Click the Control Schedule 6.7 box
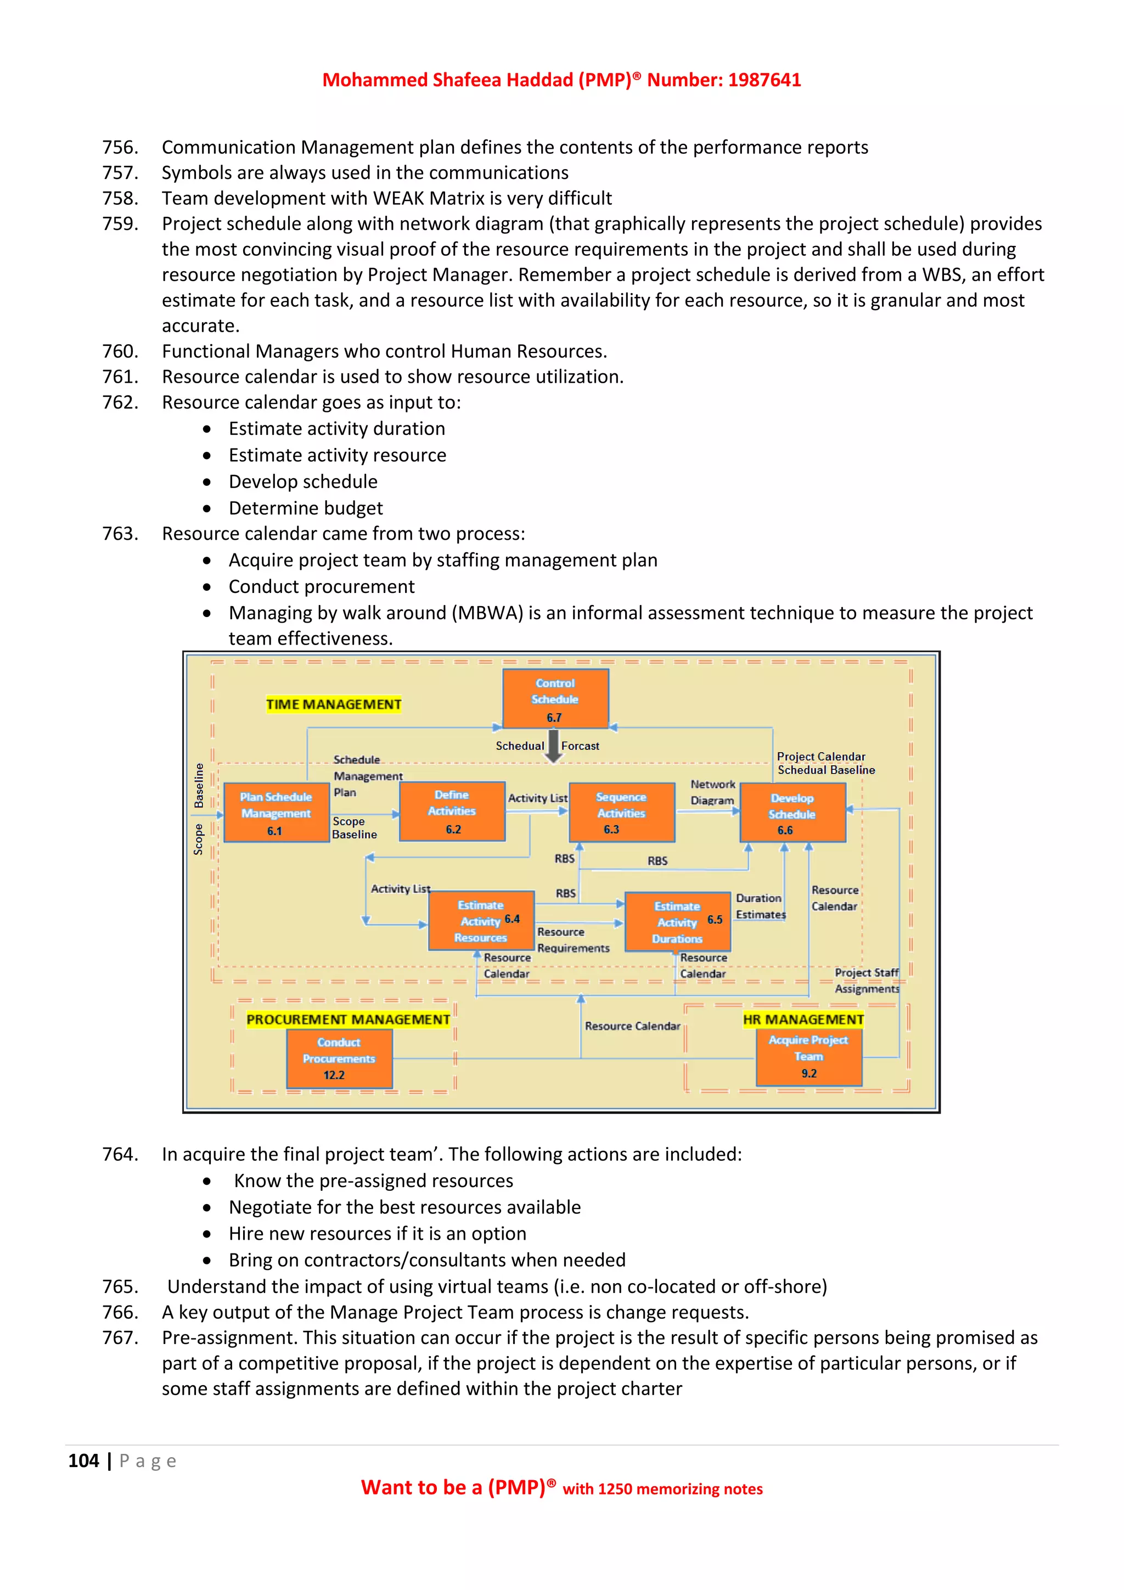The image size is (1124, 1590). [x=555, y=698]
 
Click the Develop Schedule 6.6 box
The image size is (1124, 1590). [x=793, y=813]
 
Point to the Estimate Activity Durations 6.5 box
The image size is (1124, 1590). [x=678, y=922]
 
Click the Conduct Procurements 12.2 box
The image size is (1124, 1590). [x=339, y=1057]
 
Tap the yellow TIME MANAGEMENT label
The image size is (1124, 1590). [x=334, y=704]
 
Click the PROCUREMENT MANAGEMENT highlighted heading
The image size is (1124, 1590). [x=348, y=1020]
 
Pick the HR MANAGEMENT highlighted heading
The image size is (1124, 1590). [x=803, y=1020]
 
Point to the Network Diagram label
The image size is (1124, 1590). [x=712, y=792]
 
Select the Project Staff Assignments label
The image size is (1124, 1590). [x=867, y=981]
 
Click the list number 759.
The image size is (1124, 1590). [x=120, y=223]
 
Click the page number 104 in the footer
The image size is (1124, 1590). [x=84, y=1460]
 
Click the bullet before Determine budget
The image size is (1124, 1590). [x=207, y=509]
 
